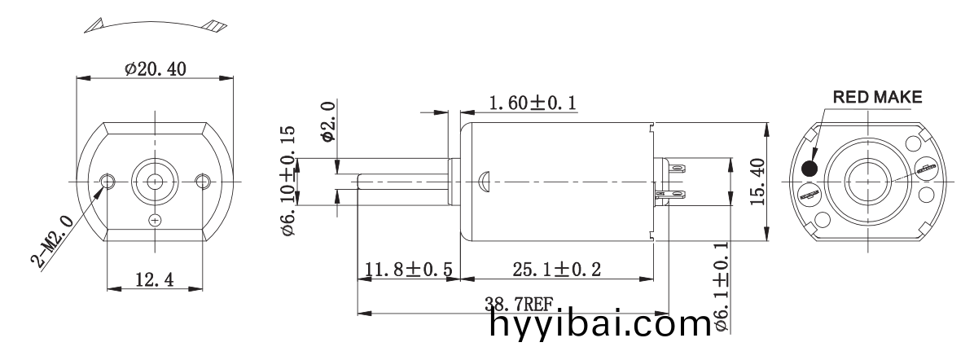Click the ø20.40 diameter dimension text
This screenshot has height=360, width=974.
tap(155, 69)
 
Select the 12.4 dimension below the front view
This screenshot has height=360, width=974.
tap(154, 279)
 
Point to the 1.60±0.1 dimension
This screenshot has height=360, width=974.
tap(533, 103)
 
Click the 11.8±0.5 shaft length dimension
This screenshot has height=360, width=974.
tap(409, 270)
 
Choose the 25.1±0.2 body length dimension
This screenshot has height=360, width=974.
tap(557, 270)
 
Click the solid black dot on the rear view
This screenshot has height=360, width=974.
tap(810, 169)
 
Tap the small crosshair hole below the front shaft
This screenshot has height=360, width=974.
tap(155, 220)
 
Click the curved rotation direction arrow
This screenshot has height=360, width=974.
tap(154, 24)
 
